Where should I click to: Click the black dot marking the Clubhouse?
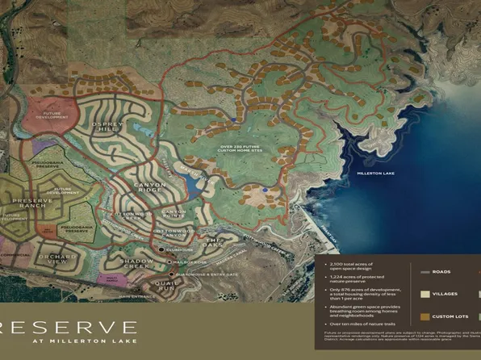(x=161, y=250)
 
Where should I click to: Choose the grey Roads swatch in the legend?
(x=424, y=271)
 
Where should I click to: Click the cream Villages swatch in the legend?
(x=424, y=295)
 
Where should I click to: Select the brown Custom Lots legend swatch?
(x=424, y=316)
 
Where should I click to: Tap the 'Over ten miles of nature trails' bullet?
(x=355, y=323)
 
